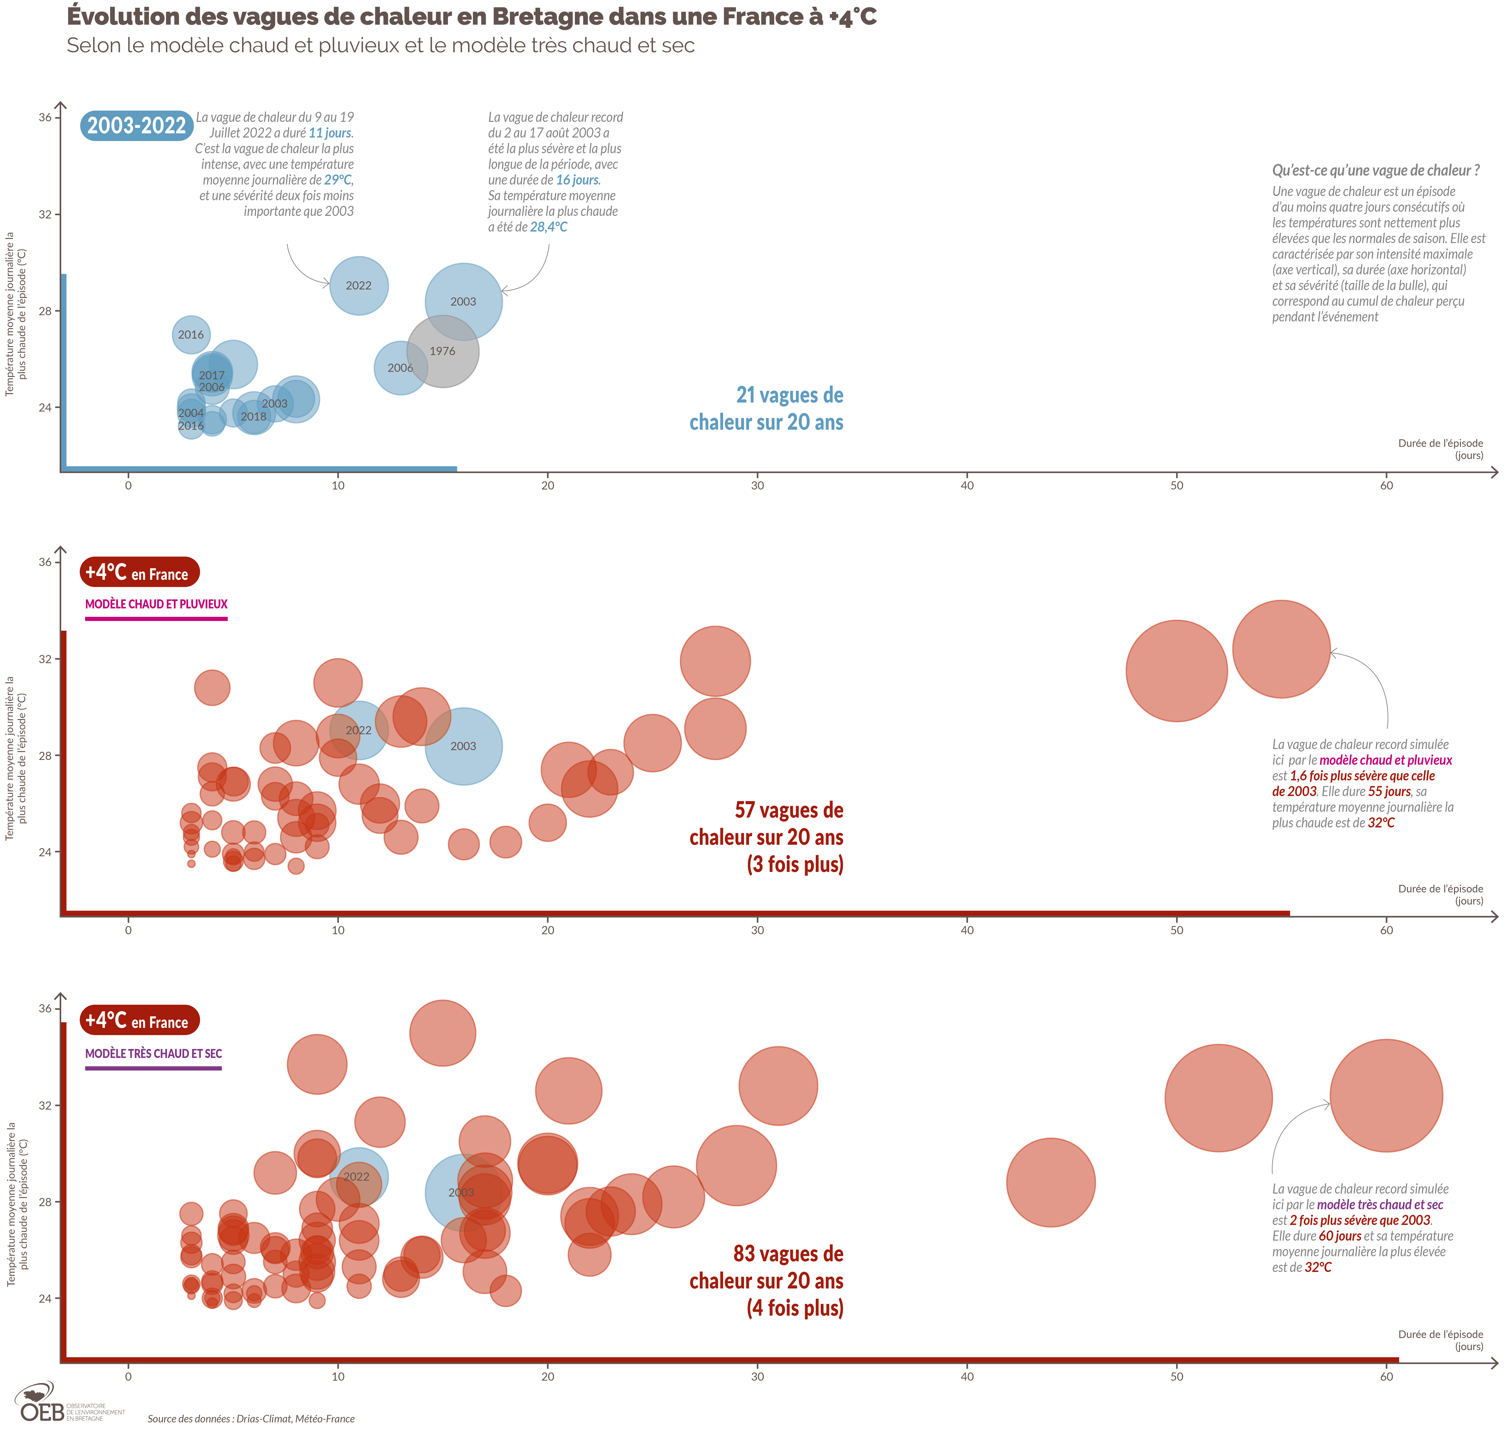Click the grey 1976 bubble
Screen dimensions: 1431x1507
pyautogui.click(x=442, y=351)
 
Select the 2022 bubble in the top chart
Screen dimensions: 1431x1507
pyautogui.click(x=359, y=285)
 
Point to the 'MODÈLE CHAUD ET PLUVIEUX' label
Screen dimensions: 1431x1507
pyautogui.click(x=156, y=604)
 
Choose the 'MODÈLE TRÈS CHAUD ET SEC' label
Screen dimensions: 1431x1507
pyautogui.click(x=153, y=1053)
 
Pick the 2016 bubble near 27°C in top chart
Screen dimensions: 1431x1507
pyautogui.click(x=191, y=334)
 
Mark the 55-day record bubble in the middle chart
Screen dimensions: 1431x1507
pyautogui.click(x=1281, y=649)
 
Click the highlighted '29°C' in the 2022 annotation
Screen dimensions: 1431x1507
pyautogui.click(x=338, y=180)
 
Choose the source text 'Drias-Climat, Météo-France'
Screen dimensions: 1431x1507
pyautogui.click(x=295, y=1419)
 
